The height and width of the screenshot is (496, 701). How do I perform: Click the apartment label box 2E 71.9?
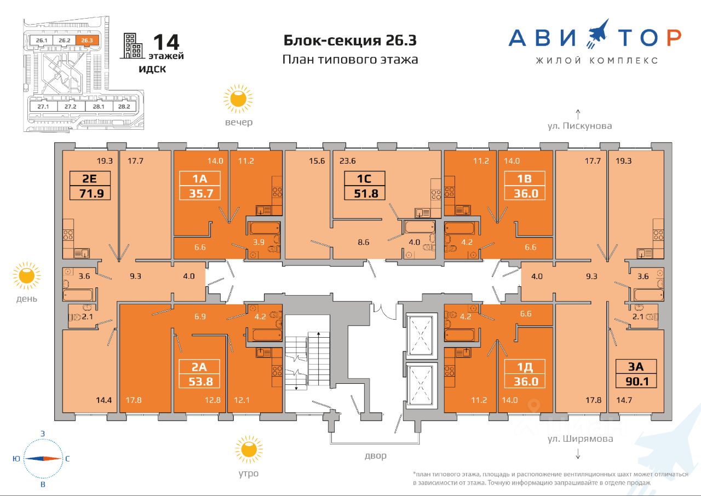coord(90,186)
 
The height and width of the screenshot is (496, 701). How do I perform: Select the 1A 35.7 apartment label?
coord(200,186)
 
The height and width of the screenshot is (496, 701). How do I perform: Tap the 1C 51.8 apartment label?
coord(365,186)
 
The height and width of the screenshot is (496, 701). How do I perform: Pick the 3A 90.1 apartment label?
coord(636,374)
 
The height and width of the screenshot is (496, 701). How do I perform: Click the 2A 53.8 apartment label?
coord(199,374)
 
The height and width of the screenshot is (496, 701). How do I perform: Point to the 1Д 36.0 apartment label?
coord(525,374)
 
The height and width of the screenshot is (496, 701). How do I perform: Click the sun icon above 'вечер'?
coord(238,99)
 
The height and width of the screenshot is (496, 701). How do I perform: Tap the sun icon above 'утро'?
coord(249,449)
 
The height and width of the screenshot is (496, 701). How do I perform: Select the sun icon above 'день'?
coord(27,276)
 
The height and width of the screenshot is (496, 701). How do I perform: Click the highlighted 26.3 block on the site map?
coord(87,41)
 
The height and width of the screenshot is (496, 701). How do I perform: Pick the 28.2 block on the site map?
coord(124,106)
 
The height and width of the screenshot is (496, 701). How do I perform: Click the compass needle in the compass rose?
coord(43,459)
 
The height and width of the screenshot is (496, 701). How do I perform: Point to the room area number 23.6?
coord(347,161)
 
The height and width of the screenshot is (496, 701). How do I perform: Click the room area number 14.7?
coord(624,400)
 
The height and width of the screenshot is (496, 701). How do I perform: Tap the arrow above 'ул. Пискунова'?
coord(578,114)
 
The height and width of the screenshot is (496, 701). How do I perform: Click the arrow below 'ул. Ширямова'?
coord(578,453)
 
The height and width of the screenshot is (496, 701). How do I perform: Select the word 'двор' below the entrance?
coord(376,456)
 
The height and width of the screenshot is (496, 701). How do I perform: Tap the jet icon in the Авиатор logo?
coord(597,33)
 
